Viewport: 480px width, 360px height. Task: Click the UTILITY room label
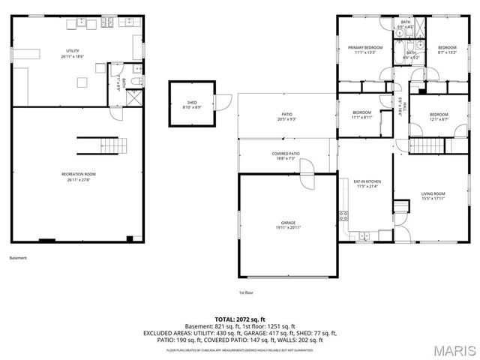[x=72, y=51]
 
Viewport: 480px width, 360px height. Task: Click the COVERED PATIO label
[x=283, y=154]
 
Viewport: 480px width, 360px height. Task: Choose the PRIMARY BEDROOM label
[x=365, y=48]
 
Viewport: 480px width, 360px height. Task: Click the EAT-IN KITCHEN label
[x=367, y=181]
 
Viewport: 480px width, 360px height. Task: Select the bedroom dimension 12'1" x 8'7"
[x=439, y=118]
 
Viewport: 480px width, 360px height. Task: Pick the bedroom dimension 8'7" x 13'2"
[x=447, y=52]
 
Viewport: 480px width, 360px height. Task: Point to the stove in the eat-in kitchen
[x=343, y=216]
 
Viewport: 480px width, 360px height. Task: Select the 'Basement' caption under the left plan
[x=18, y=258]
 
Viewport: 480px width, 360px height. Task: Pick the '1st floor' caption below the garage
[x=246, y=292]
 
